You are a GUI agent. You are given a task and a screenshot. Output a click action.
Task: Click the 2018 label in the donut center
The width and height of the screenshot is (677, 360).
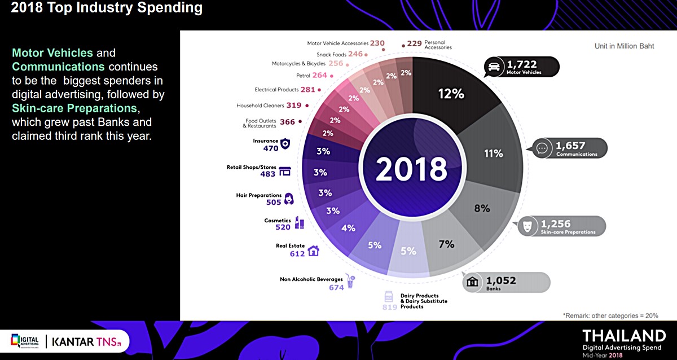(x=411, y=168)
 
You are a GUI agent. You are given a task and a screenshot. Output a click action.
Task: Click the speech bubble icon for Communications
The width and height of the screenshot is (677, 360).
(x=542, y=148)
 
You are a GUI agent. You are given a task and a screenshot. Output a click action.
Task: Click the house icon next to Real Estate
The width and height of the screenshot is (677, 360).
(x=313, y=251)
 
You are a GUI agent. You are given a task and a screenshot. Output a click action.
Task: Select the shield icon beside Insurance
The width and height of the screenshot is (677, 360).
(x=285, y=144)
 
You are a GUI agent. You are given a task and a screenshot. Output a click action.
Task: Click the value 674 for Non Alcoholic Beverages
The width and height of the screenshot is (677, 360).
(x=336, y=287)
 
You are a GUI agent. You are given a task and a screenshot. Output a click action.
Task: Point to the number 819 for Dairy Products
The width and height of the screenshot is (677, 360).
(x=390, y=307)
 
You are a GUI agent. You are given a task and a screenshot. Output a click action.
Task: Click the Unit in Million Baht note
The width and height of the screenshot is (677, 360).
(x=624, y=46)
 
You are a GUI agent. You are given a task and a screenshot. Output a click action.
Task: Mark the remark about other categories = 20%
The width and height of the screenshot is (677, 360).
(x=610, y=315)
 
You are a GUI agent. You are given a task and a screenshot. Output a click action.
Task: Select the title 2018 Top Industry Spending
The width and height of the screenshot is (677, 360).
(x=107, y=8)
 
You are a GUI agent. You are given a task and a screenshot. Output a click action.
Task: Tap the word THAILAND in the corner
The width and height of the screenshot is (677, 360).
(x=624, y=335)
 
